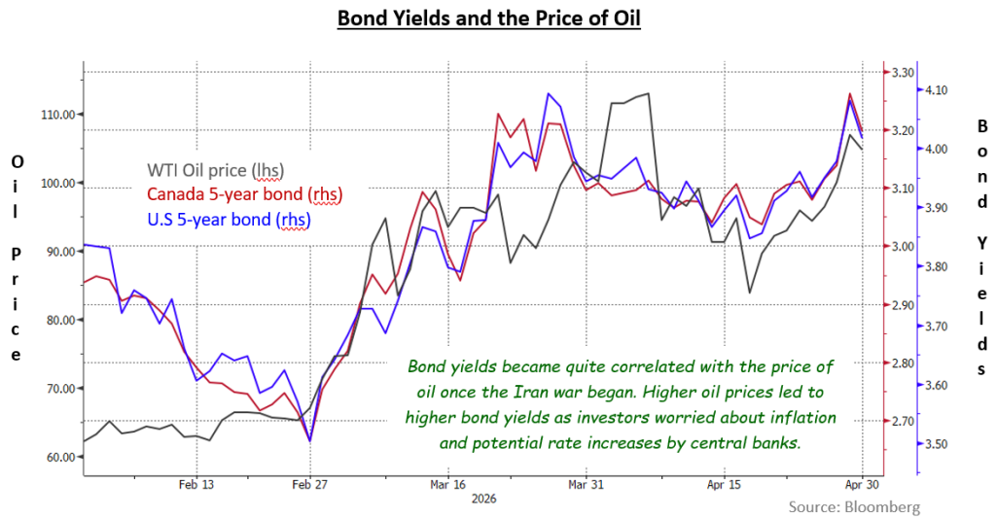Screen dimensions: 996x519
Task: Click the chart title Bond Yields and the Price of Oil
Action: pos(488,17)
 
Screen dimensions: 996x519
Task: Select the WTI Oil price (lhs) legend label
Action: pos(215,170)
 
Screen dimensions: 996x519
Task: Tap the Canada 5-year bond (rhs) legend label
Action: pos(244,194)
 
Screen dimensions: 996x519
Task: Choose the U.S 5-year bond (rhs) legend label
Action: pos(229,220)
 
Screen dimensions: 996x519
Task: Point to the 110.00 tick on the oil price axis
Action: pos(59,115)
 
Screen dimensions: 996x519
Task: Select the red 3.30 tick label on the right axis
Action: pos(903,73)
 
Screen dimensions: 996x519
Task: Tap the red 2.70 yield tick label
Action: pos(903,421)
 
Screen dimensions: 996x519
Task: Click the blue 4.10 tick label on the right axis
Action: pos(937,90)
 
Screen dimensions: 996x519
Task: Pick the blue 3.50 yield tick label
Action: pos(937,444)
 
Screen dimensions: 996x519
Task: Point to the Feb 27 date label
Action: pos(310,485)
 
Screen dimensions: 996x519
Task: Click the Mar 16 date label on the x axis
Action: pos(447,485)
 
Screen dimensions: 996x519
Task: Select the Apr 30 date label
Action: pos(862,485)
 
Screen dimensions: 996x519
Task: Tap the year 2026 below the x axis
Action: pos(484,499)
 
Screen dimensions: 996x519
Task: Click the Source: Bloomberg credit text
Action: pos(854,507)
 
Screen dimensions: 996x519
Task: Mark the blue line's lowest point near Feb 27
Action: pos(309,441)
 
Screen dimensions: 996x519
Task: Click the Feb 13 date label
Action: pos(196,485)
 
